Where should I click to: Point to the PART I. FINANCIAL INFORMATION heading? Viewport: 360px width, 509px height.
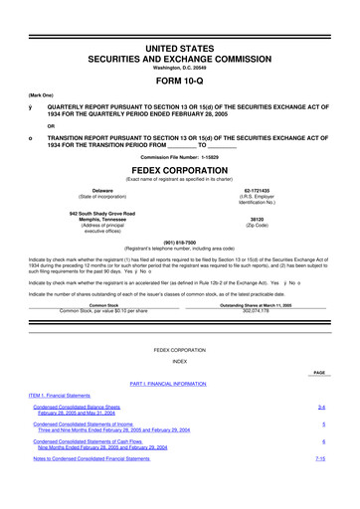coord(180,383)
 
